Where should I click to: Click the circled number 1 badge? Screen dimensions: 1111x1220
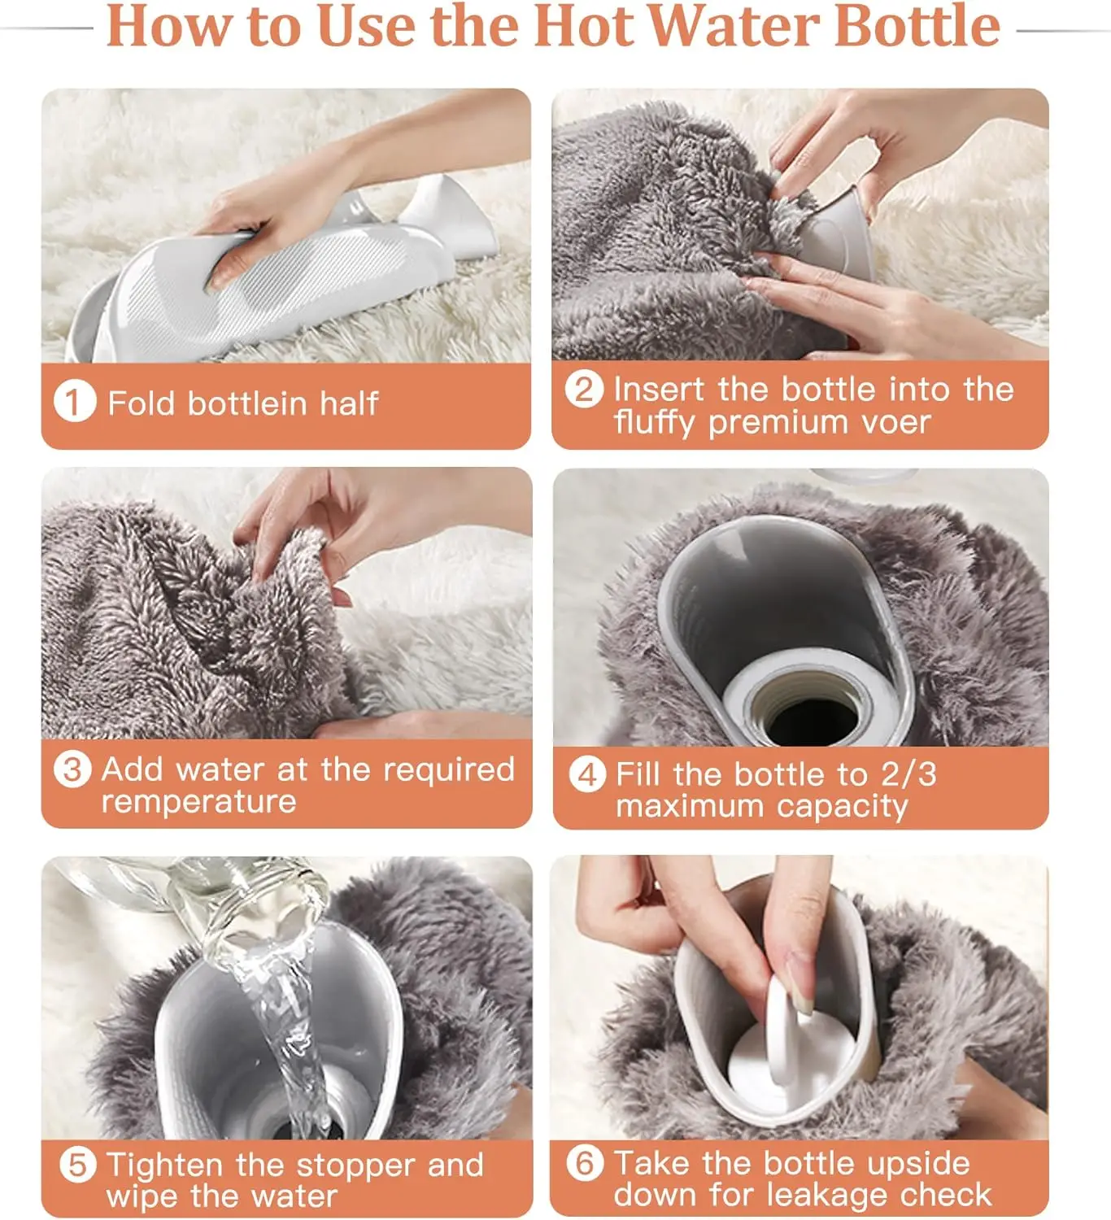[75, 402]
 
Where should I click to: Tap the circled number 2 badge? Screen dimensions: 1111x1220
[583, 389]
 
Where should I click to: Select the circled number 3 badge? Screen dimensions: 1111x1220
[72, 769]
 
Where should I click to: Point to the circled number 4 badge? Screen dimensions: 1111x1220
[587, 775]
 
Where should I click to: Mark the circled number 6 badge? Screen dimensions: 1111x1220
[585, 1162]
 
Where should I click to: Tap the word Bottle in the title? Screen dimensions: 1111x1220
[917, 27]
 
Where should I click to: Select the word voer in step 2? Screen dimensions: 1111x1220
[895, 423]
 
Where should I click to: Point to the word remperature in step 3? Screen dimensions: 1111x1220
[199, 802]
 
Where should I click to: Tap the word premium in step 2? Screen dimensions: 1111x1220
[778, 424]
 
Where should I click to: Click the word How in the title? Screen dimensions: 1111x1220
[170, 27]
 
